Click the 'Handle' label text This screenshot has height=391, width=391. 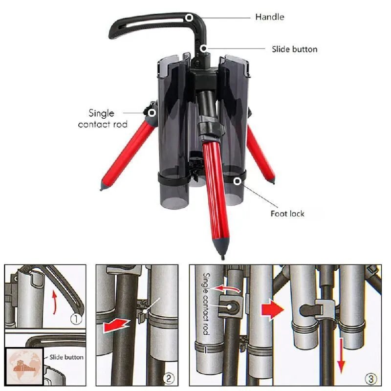point(270,17)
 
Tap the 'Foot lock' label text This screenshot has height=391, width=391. point(287,214)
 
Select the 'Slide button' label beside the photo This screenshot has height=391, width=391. point(295,49)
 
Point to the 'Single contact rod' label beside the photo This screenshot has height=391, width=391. point(103,119)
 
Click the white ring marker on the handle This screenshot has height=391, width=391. point(190,18)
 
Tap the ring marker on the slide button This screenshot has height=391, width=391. point(204,48)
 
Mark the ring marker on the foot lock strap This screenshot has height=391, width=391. point(237,181)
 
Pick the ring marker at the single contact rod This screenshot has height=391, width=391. point(152,113)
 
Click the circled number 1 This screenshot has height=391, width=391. point(76,319)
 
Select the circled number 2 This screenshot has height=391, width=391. point(168,378)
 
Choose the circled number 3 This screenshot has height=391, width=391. point(370,379)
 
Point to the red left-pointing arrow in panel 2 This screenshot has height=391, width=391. point(116,326)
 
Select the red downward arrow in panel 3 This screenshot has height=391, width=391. point(341,356)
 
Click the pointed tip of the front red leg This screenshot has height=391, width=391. point(223,259)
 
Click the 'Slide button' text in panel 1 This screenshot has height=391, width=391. point(66,357)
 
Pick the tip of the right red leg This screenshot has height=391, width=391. point(274,183)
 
